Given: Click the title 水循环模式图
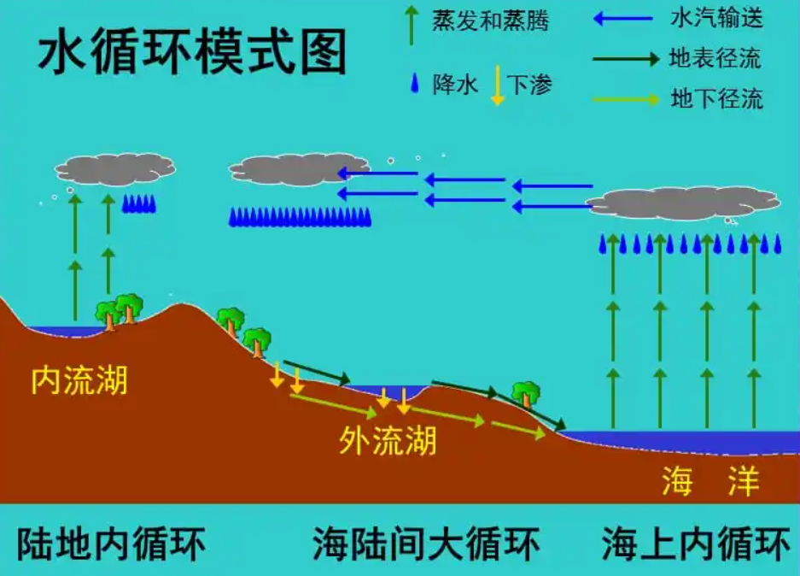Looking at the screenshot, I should click(192, 53).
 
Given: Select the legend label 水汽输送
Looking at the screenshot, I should click(716, 17).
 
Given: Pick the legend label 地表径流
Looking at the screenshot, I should click(716, 58).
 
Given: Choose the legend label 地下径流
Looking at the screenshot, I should click(716, 98).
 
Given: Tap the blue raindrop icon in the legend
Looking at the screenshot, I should click(416, 84).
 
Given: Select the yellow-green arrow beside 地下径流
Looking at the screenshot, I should click(626, 99).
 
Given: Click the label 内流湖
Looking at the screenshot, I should click(79, 380).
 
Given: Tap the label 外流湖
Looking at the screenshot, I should click(388, 440).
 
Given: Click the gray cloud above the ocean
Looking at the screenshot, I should click(683, 203).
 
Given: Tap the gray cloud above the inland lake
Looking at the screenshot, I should click(115, 168).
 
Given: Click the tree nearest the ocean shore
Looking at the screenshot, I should click(526, 393).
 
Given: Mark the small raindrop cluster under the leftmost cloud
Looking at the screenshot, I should click(138, 203).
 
